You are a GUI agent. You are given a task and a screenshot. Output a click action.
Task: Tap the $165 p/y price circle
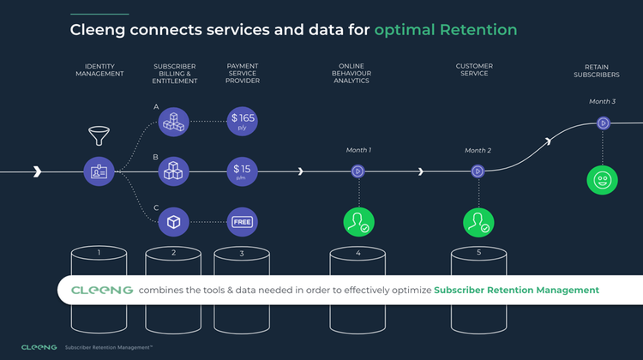coord(243,121)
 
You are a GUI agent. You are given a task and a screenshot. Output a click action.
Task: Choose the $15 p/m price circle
coord(243,171)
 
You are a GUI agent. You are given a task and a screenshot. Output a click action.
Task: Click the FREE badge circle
coord(243,222)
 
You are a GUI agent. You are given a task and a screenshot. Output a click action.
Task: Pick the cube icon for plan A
coord(174,121)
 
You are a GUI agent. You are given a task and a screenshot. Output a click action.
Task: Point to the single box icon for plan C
coord(174,222)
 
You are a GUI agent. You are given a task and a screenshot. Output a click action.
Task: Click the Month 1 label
coord(358,150)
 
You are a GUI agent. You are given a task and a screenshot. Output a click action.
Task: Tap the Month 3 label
coord(602,102)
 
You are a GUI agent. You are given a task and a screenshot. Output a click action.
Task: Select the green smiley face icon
coord(602,180)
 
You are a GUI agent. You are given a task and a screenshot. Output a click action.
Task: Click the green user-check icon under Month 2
coord(478,222)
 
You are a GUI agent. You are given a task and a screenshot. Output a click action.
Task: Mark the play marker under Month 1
coord(358,171)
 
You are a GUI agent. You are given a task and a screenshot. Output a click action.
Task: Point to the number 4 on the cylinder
coord(358,253)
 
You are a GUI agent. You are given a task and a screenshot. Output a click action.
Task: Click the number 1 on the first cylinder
coord(99,253)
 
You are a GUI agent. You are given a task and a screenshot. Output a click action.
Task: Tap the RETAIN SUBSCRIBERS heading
coord(602,70)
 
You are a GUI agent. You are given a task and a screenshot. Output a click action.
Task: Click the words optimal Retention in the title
coord(446,30)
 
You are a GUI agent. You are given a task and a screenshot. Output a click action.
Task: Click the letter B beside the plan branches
coord(156,158)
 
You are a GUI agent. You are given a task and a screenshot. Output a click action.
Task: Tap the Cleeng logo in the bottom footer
coord(39,347)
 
